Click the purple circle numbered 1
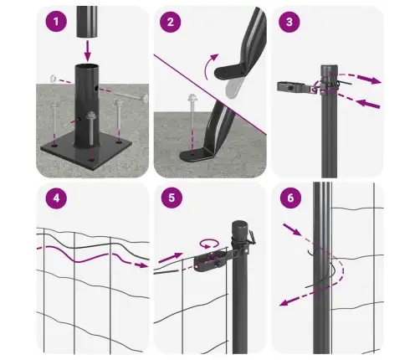click(56, 22)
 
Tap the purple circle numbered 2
click(170, 22)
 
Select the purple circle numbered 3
click(289, 22)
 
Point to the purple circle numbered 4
click(56, 198)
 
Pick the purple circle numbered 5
click(172, 198)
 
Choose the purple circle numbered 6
click(290, 198)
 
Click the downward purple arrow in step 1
click(88, 50)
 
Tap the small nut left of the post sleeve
click(54, 79)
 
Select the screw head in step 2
click(192, 98)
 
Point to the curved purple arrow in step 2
click(210, 66)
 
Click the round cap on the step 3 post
click(329, 69)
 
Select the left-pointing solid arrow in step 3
click(368, 104)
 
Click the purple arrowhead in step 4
click(143, 265)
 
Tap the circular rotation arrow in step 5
click(208, 244)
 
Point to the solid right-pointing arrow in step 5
click(171, 258)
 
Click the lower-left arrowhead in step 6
click(284, 302)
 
